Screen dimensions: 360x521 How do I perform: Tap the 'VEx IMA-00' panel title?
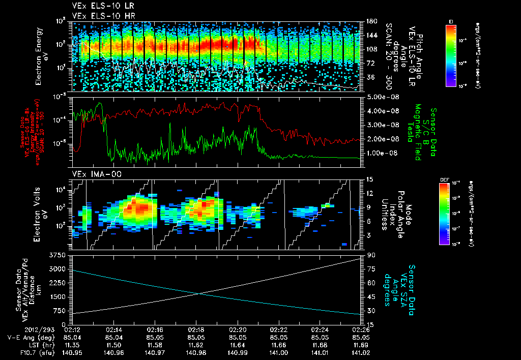[93, 174]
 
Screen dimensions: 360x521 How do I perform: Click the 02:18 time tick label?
[196, 329]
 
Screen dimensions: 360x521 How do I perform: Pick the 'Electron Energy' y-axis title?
[38, 56]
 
